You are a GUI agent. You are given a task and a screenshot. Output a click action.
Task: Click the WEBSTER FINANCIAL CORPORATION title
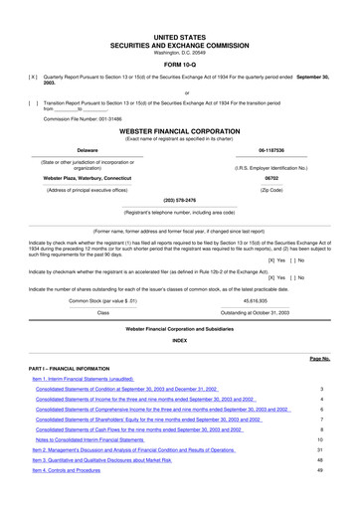pyautogui.click(x=179, y=130)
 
